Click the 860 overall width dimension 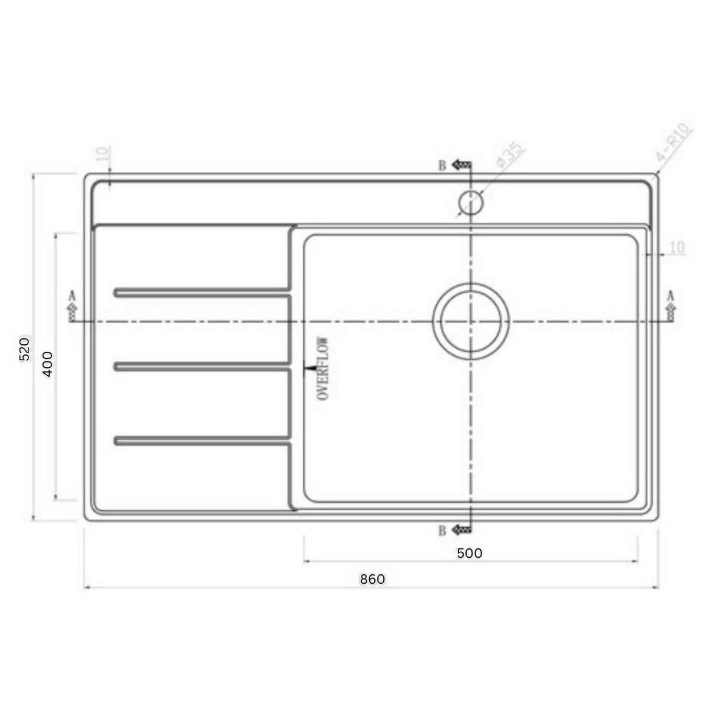coord(373,579)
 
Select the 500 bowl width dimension coord(470,553)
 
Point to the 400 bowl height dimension coord(48,363)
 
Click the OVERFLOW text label coord(323,369)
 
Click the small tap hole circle coord(471,203)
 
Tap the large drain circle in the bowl coord(471,321)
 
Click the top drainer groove coord(201,292)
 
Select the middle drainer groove coord(201,367)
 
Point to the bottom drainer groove coord(201,441)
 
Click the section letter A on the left coord(72,295)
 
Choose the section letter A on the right coord(671,295)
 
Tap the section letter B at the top coord(442,166)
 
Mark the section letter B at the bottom coord(442,531)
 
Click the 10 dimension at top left coord(102,154)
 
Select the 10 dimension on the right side coord(678,247)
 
